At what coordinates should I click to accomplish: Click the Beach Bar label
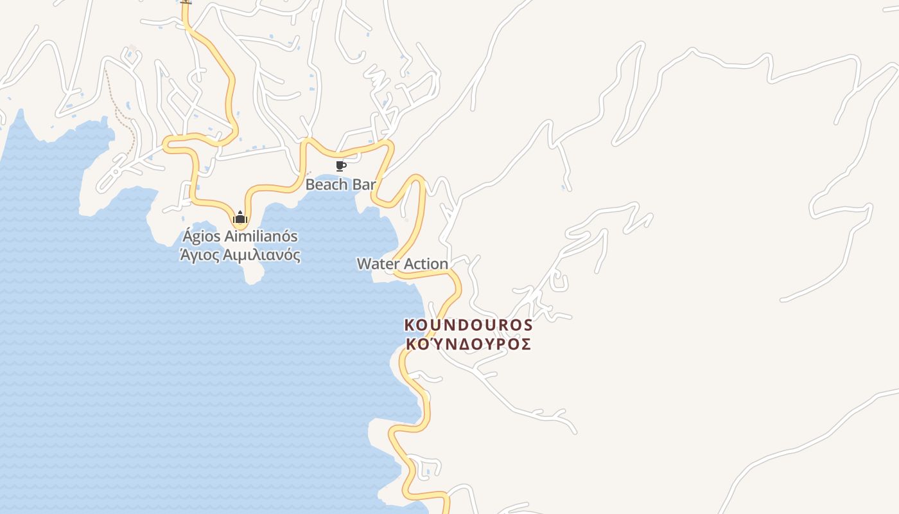pyautogui.click(x=340, y=184)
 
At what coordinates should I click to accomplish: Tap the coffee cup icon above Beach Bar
pyautogui.click(x=341, y=166)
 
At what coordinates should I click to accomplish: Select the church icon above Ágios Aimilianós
pyautogui.click(x=240, y=217)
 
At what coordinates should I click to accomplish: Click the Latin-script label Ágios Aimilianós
pyautogui.click(x=240, y=236)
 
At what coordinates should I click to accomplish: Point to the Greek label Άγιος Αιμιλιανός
pyautogui.click(x=240, y=254)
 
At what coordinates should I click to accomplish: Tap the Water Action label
pyautogui.click(x=402, y=263)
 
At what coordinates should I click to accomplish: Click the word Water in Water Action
pyautogui.click(x=376, y=263)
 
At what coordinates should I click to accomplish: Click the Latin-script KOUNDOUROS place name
pyautogui.click(x=468, y=325)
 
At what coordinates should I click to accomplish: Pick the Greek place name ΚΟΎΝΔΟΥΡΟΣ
pyautogui.click(x=468, y=344)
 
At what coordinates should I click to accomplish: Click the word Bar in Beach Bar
pyautogui.click(x=363, y=184)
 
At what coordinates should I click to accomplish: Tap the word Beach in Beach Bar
pyautogui.click(x=326, y=184)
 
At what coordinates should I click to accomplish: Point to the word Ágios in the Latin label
pyautogui.click(x=201, y=236)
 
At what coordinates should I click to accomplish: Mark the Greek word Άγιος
pyautogui.click(x=200, y=254)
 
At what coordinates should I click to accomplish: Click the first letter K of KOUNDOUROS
pyautogui.click(x=409, y=325)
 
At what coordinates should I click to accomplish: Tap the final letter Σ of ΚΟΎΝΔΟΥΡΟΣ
pyautogui.click(x=526, y=344)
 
